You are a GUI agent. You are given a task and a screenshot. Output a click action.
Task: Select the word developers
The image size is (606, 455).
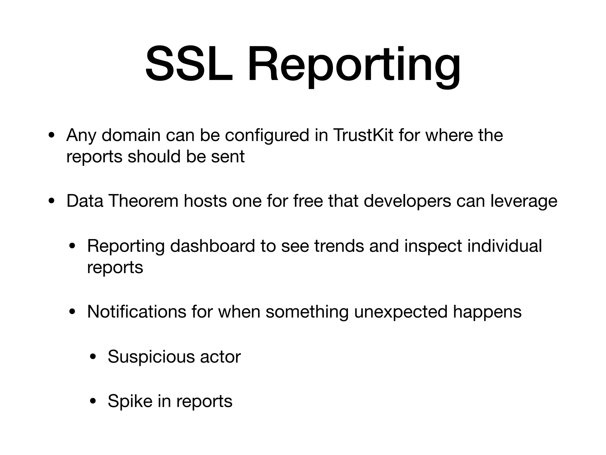(407, 201)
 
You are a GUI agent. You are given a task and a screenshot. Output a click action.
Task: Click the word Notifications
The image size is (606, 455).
(136, 312)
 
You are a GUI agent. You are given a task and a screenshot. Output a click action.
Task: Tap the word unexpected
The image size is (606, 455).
(400, 312)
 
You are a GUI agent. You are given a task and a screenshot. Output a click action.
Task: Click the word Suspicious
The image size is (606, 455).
(151, 357)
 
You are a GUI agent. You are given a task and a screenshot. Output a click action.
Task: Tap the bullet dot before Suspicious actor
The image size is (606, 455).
(93, 357)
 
